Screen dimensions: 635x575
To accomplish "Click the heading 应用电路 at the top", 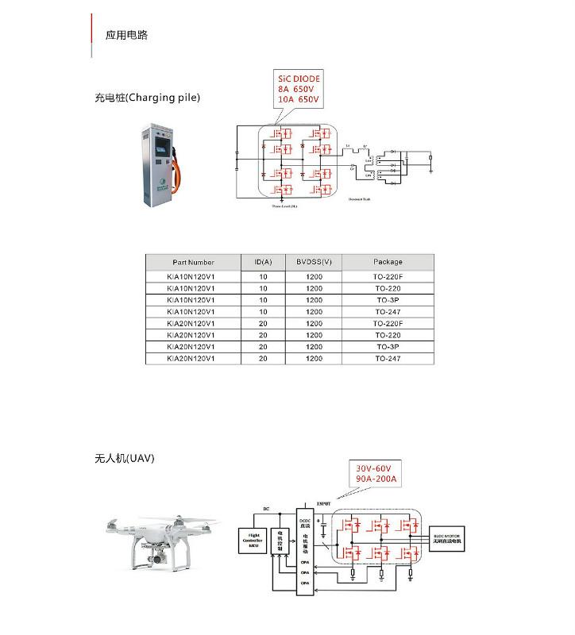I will point(126,36).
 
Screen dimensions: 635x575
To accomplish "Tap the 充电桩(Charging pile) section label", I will point(147,98).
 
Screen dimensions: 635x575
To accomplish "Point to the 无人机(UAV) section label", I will point(124,459).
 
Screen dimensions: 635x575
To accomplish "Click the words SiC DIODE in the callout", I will point(299,80).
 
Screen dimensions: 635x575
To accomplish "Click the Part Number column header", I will point(193,261).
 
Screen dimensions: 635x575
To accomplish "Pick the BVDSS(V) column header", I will point(315,261).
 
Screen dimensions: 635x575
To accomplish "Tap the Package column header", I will point(388,261).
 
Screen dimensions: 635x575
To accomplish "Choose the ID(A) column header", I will point(263,261).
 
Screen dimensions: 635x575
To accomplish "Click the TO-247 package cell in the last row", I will point(388,359).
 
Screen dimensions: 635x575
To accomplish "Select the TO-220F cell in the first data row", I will point(388,277).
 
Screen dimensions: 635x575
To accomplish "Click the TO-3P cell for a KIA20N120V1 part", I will point(388,347).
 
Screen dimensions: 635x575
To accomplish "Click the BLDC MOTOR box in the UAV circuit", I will point(448,537).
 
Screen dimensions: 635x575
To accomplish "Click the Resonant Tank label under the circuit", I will point(360,200).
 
